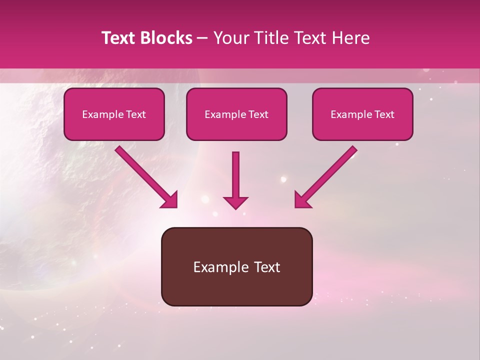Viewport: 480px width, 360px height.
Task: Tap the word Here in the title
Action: click(352, 38)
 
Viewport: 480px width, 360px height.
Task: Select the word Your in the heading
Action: click(229, 38)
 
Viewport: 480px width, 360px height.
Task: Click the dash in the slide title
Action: click(202, 38)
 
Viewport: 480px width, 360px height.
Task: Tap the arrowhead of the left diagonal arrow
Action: click(170, 200)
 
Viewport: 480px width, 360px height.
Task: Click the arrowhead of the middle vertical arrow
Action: click(235, 202)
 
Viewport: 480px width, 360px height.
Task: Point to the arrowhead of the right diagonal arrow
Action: click(302, 200)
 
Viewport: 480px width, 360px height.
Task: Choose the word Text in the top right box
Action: click(384, 114)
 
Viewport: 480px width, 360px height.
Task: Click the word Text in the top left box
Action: click(135, 114)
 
